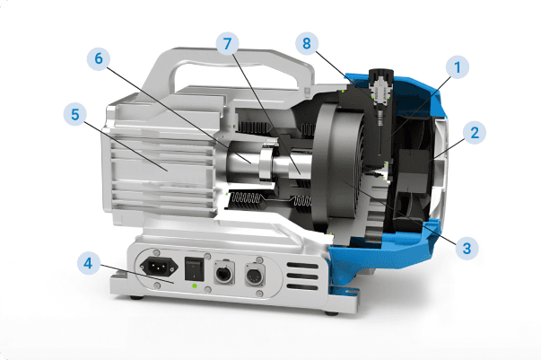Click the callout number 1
[x=458, y=67]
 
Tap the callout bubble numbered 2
[x=475, y=133]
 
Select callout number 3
[x=467, y=248]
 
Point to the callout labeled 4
[x=88, y=263]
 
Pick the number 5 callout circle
[x=75, y=114]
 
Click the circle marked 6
[x=99, y=58]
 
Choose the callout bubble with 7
[x=227, y=44]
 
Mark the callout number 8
[x=307, y=43]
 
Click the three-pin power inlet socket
[x=159, y=267]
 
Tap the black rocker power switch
[x=193, y=268]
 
